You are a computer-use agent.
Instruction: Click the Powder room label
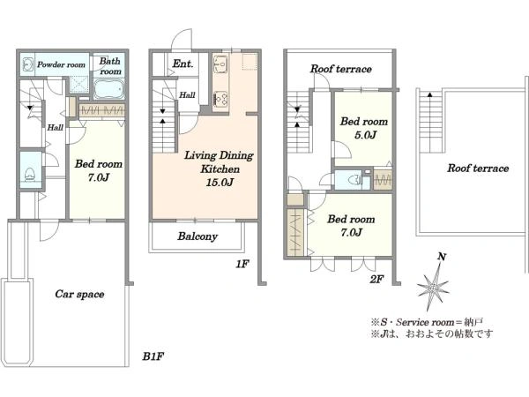pyautogui.click(x=61, y=64)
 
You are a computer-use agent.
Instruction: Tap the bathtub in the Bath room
pyautogui.click(x=109, y=89)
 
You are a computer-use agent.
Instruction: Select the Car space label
pyautogui.click(x=79, y=294)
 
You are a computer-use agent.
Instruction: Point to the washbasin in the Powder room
pyautogui.click(x=27, y=64)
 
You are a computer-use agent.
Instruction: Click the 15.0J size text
pyautogui.click(x=220, y=183)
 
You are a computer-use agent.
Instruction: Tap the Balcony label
pyautogui.click(x=197, y=236)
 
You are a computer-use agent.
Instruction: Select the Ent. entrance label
pyautogui.click(x=183, y=64)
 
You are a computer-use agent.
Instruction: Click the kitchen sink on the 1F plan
pyautogui.click(x=220, y=64)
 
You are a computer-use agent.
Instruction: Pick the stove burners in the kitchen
pyautogui.click(x=220, y=99)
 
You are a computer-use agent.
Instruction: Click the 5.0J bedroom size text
pyautogui.click(x=365, y=135)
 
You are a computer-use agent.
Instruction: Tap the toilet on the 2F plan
pyautogui.click(x=354, y=180)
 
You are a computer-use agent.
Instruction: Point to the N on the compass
pyautogui.click(x=442, y=257)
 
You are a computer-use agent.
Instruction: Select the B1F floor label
pyautogui.click(x=153, y=356)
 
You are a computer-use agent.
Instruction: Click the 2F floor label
pyautogui.click(x=376, y=280)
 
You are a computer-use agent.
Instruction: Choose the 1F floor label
pyautogui.click(x=242, y=264)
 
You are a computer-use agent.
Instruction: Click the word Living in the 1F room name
pyautogui.click(x=200, y=155)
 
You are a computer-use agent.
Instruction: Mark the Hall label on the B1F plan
pyautogui.click(x=55, y=128)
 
